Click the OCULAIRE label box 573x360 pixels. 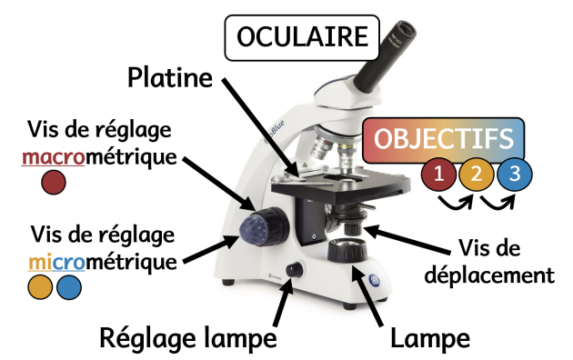point(302,37)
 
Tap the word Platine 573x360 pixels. point(170,78)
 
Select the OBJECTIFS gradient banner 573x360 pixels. point(443,140)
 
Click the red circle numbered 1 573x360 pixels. point(438,175)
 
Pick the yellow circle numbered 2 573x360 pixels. point(477,175)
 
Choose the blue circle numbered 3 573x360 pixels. point(515,175)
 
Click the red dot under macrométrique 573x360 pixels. point(54,182)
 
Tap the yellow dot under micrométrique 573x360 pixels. point(40,287)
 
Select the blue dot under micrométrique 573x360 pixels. point(69,287)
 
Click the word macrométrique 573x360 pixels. point(99,158)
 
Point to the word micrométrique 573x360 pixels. point(102,262)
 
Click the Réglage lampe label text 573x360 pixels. point(188,339)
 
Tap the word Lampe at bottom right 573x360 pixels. point(430,339)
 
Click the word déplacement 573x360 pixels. point(489,275)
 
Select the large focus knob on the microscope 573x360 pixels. point(264,226)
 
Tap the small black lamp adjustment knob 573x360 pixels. point(295,269)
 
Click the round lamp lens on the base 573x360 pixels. point(347,250)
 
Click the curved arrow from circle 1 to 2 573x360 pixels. point(457,204)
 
